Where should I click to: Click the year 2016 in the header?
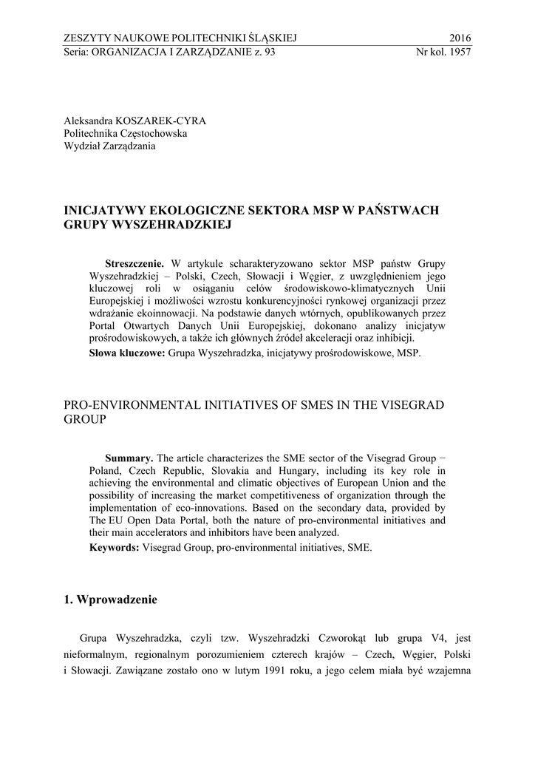460,38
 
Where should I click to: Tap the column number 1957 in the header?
459,52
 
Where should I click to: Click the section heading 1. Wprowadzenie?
111,600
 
